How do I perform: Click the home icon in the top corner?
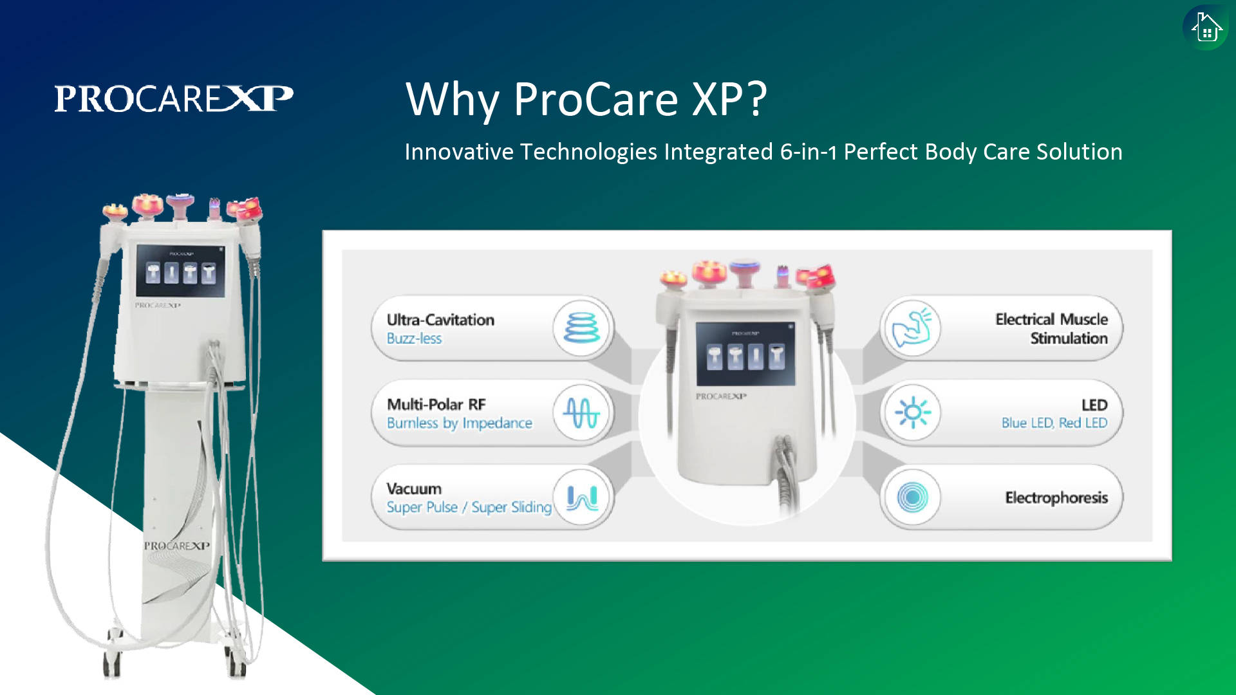(x=1206, y=28)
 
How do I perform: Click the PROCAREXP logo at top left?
(x=174, y=98)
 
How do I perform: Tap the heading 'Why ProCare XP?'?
(x=586, y=100)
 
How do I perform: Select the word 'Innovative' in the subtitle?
(x=459, y=152)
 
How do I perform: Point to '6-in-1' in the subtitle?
(x=809, y=152)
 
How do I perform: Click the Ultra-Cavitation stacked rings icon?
(x=582, y=328)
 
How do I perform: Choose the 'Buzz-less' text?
(x=414, y=338)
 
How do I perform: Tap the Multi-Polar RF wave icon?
(x=582, y=412)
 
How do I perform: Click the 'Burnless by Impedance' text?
(x=460, y=423)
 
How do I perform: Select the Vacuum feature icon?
(x=582, y=497)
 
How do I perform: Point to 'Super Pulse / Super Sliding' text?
(x=469, y=507)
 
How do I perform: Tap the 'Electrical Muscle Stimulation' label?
(x=1052, y=329)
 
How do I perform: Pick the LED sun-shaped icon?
(x=912, y=412)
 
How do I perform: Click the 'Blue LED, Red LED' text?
(x=1054, y=423)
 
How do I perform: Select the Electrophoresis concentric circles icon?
(x=912, y=497)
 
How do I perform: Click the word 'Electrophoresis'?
(x=1056, y=497)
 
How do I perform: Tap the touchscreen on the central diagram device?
(x=745, y=353)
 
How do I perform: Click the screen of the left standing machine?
(x=180, y=270)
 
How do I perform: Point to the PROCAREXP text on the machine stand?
(x=177, y=546)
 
